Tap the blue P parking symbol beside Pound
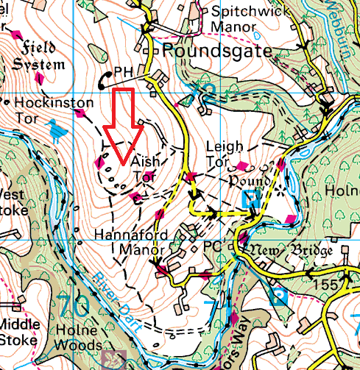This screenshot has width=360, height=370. coord(250,197)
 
